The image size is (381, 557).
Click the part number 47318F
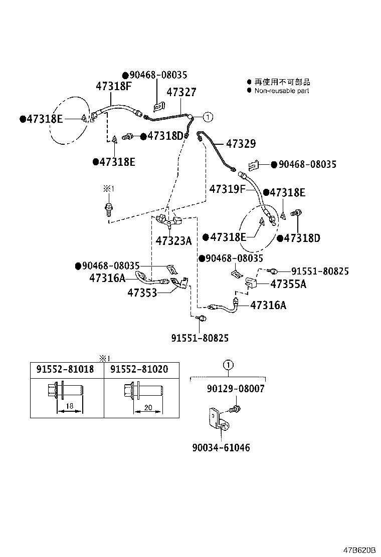[x=113, y=86]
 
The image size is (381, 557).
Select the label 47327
[x=181, y=93]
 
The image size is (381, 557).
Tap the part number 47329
[x=241, y=144]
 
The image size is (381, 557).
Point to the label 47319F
[x=227, y=189]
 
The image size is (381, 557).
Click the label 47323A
[x=173, y=241]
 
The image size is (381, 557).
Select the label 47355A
[x=288, y=285]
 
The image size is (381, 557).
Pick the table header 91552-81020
[x=139, y=369]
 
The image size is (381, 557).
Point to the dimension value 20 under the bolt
[x=148, y=407]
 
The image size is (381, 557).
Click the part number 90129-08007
[x=235, y=389]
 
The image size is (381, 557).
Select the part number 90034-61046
[x=220, y=447]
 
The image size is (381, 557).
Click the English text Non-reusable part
[x=281, y=91]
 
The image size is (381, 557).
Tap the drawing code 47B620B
[x=359, y=549]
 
